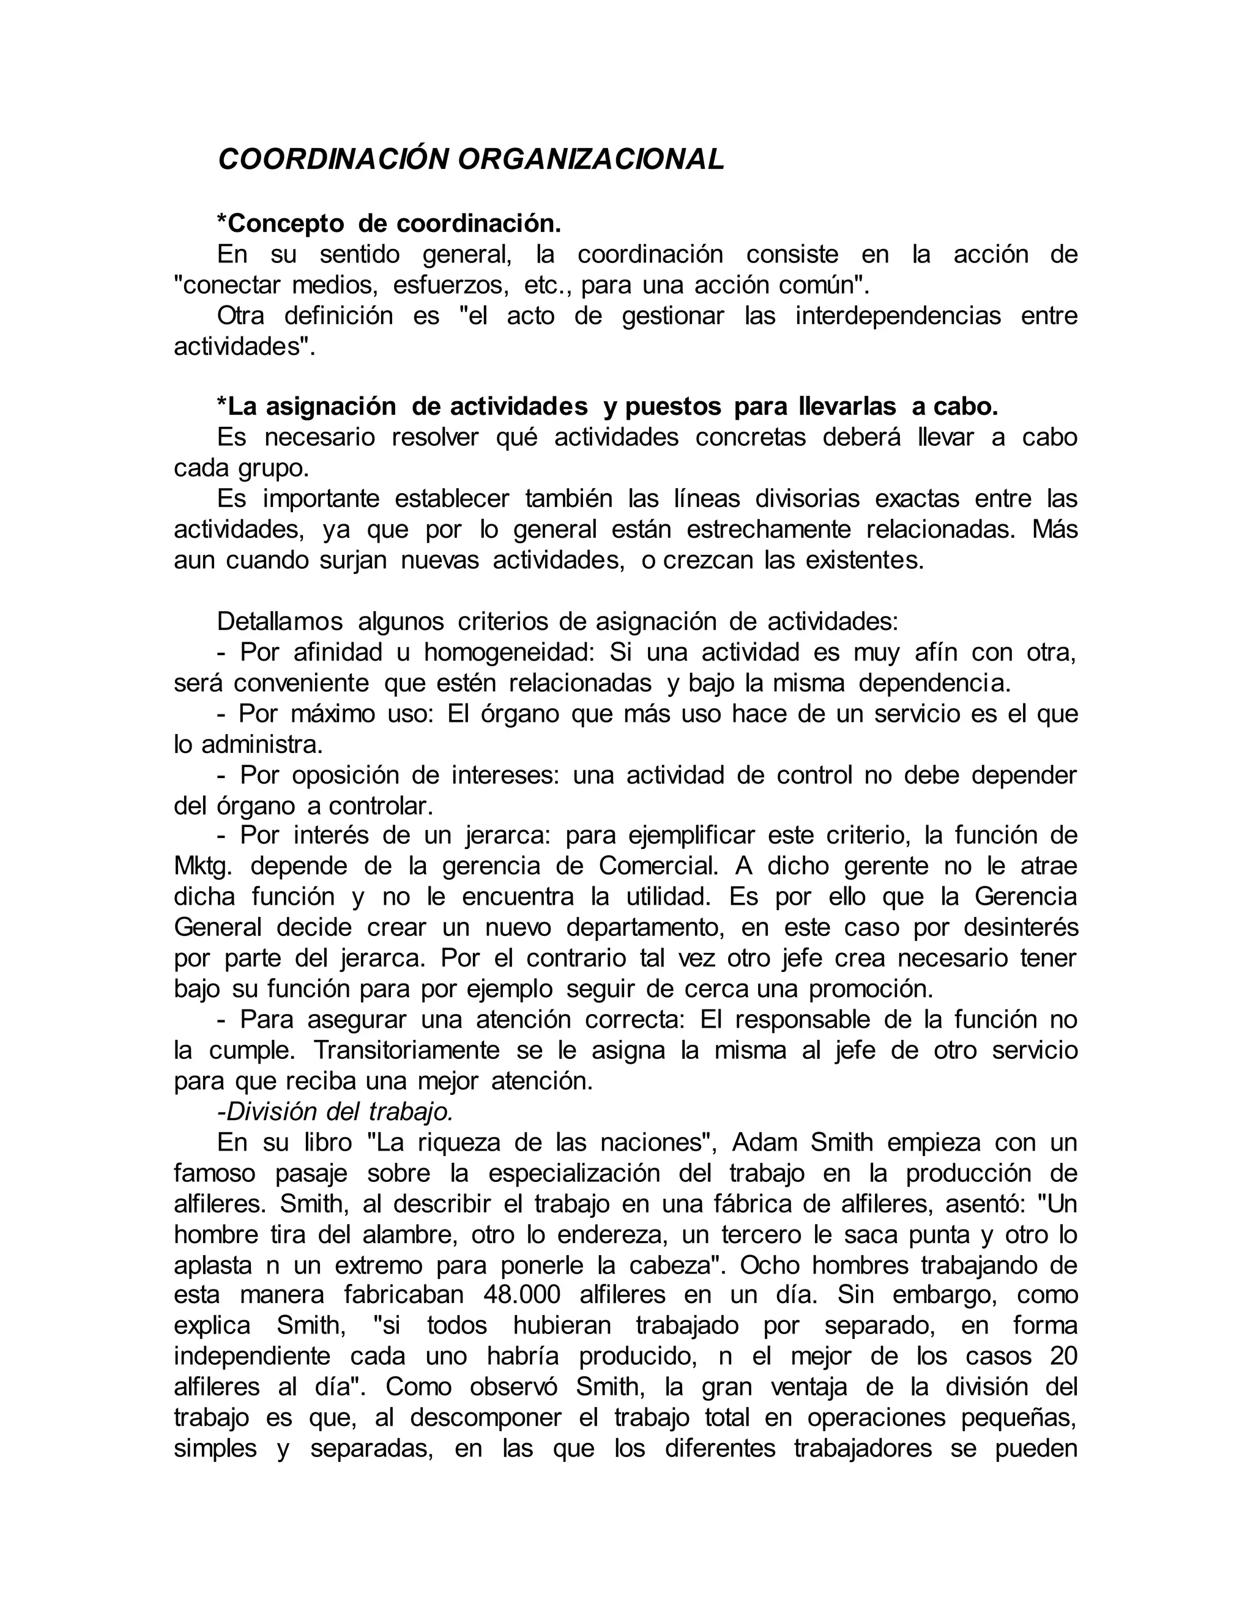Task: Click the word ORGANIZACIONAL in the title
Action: [591, 160]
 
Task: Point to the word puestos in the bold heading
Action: [672, 407]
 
